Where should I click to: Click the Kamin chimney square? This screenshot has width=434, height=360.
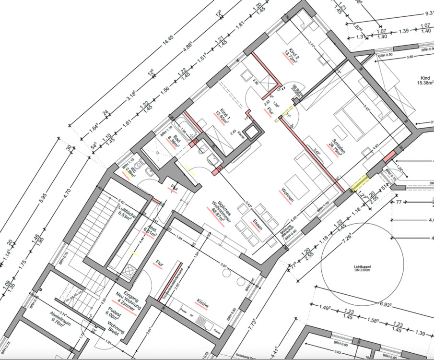coord(250,132)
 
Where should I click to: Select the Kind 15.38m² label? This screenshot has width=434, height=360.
coord(422,82)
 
